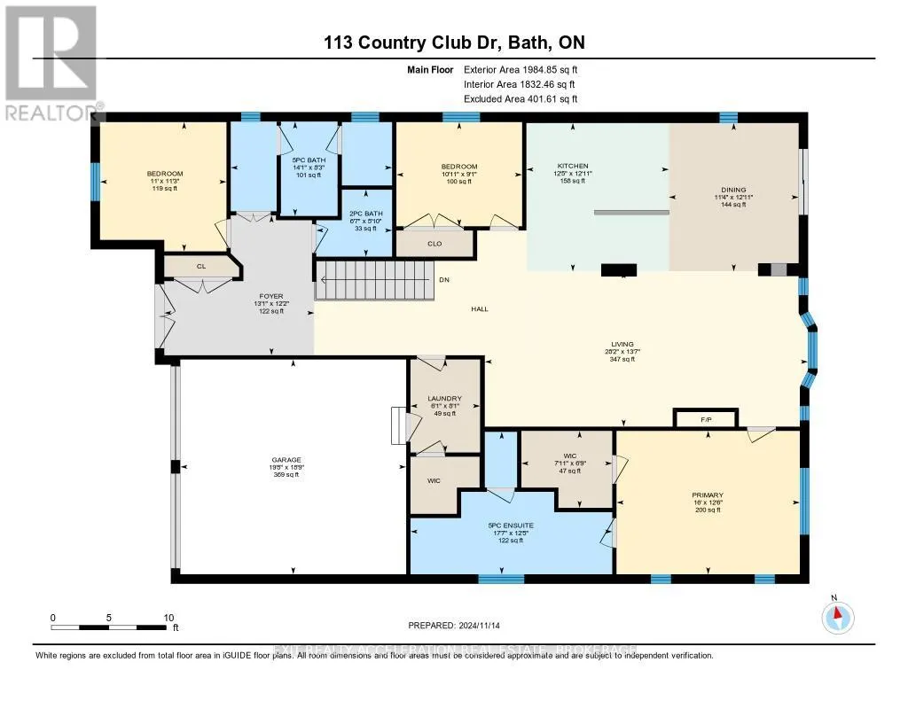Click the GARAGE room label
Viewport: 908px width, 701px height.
(285, 459)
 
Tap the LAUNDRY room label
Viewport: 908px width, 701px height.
(443, 399)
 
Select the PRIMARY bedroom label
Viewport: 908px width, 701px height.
(708, 495)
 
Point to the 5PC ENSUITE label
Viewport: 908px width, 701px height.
(511, 526)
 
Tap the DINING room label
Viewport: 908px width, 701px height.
(733, 190)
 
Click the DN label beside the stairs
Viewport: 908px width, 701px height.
(443, 280)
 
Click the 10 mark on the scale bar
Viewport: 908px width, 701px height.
(168, 618)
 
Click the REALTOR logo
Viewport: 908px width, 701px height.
(51, 62)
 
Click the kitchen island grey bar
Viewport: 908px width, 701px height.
(631, 212)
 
